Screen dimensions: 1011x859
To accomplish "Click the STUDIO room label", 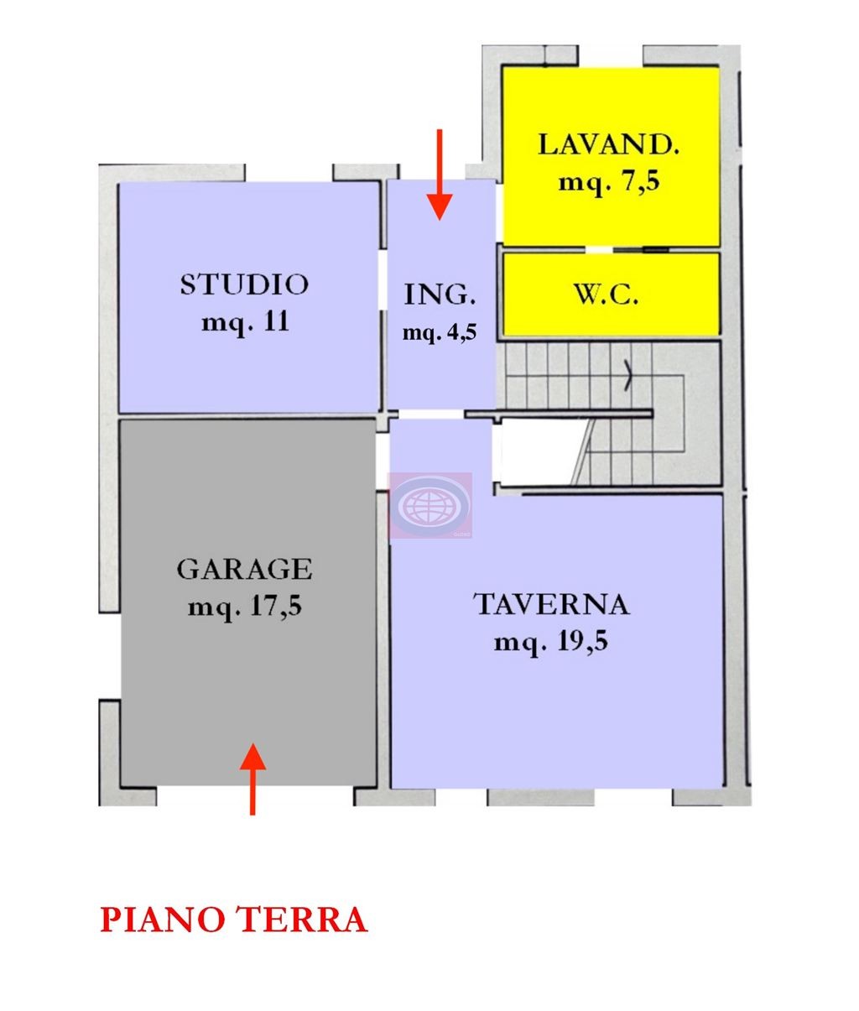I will pos(244,284).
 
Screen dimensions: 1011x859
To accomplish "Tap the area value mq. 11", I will pos(244,321).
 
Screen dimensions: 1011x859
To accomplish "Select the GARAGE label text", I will pos(244,570).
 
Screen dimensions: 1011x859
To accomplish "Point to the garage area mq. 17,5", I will pos(244,606).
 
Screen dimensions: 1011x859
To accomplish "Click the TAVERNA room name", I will pos(551,604).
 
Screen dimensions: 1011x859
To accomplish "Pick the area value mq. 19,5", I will pos(551,643).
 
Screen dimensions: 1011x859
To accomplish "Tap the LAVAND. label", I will pos(608,144).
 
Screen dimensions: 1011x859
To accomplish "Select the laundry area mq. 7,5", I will pos(608,181).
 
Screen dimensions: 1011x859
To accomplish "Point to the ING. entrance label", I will pos(440,295).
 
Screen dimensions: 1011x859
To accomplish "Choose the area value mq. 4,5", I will pos(440,332).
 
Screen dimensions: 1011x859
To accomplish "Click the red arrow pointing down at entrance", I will pos(440,176).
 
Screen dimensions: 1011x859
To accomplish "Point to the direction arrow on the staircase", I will pos(627,378).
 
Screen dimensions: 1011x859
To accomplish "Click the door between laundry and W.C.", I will pos(600,249).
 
